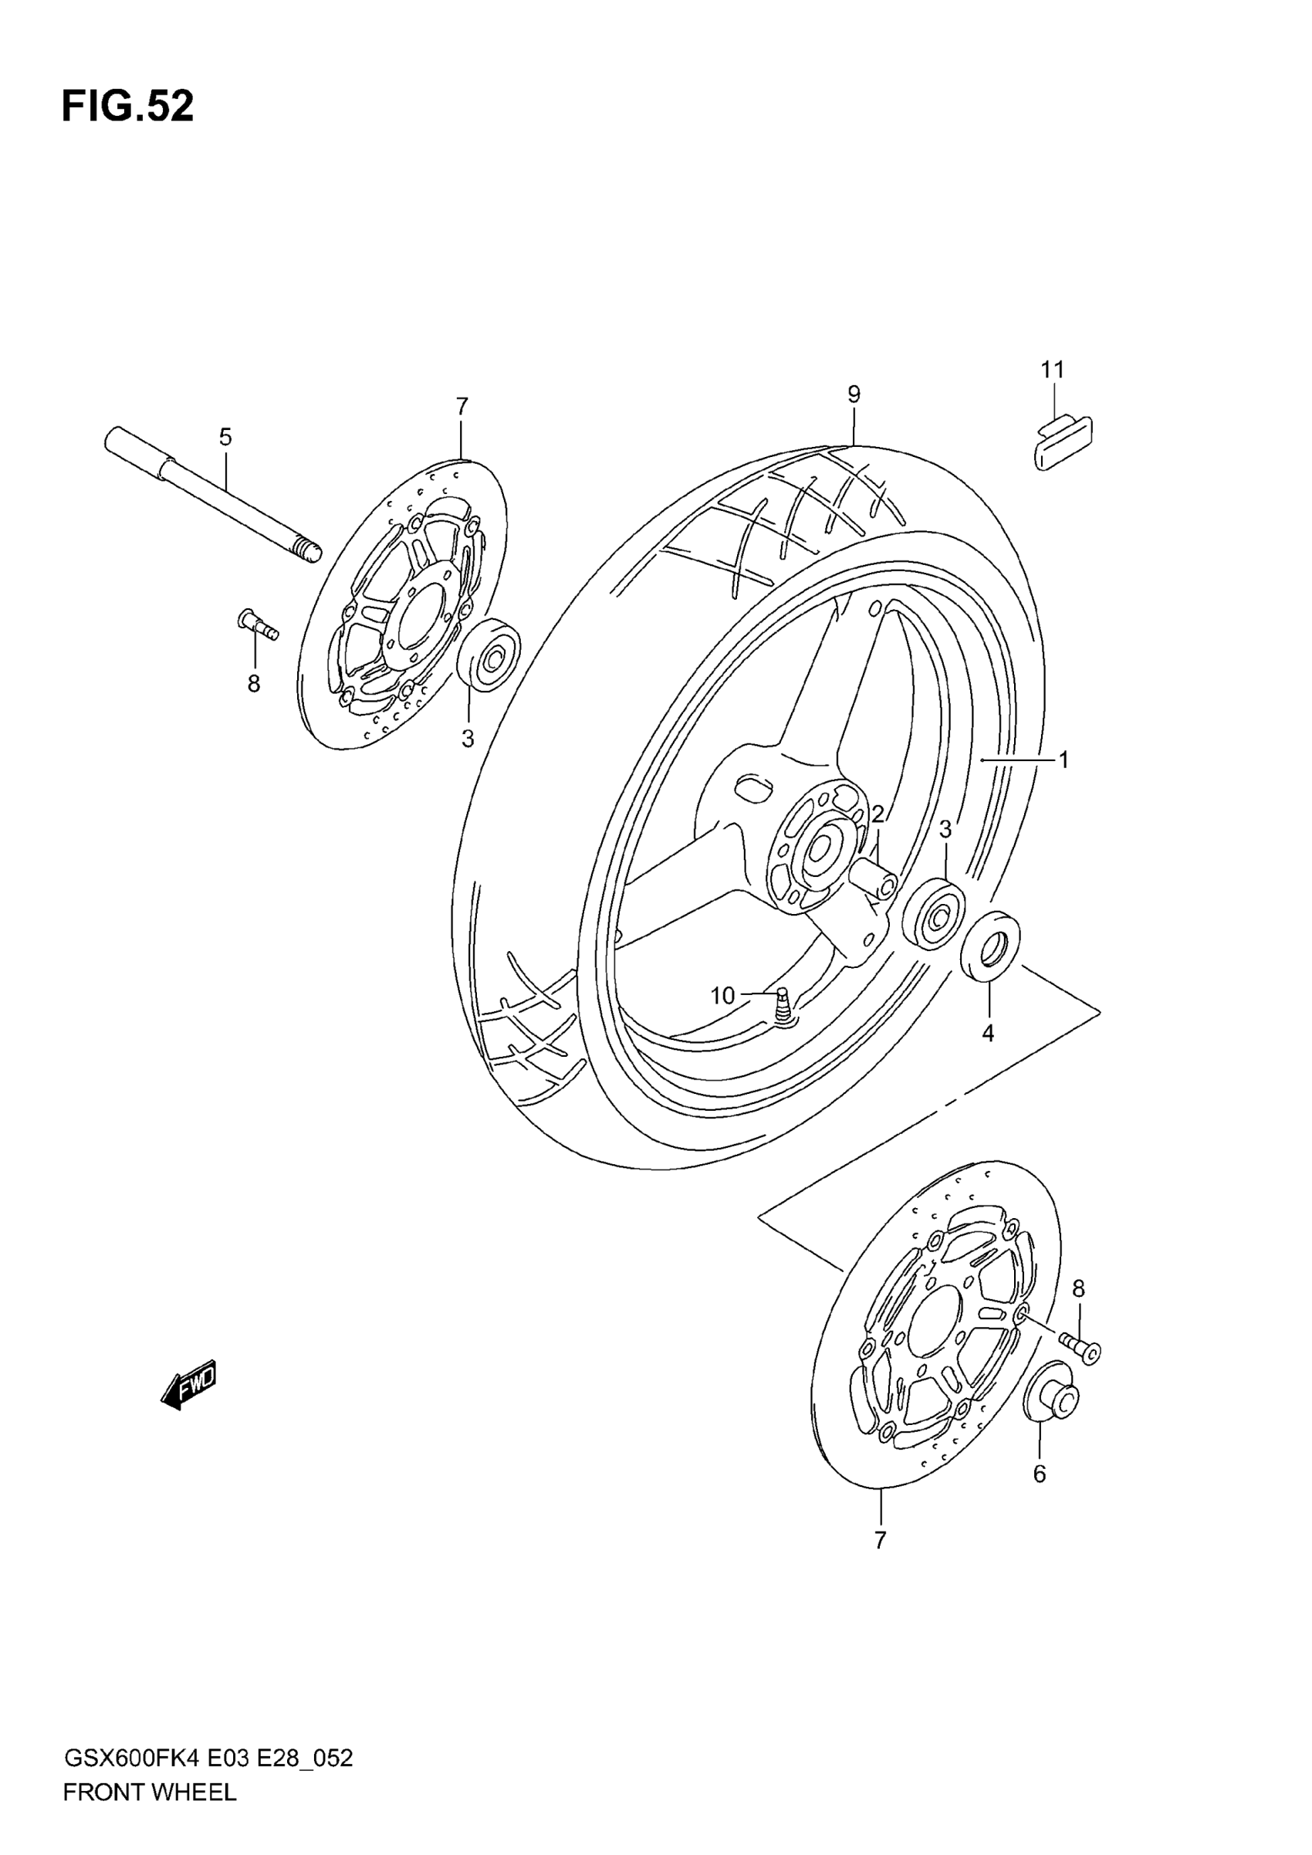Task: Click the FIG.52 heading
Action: pyautogui.click(x=127, y=107)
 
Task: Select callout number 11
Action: pyautogui.click(x=1052, y=370)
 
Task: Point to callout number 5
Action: pyautogui.click(x=225, y=437)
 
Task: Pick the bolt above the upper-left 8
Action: pyautogui.click(x=258, y=624)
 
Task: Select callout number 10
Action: pyautogui.click(x=722, y=996)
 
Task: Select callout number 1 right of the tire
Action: pyautogui.click(x=1064, y=760)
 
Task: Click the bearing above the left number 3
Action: pyautogui.click(x=488, y=655)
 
